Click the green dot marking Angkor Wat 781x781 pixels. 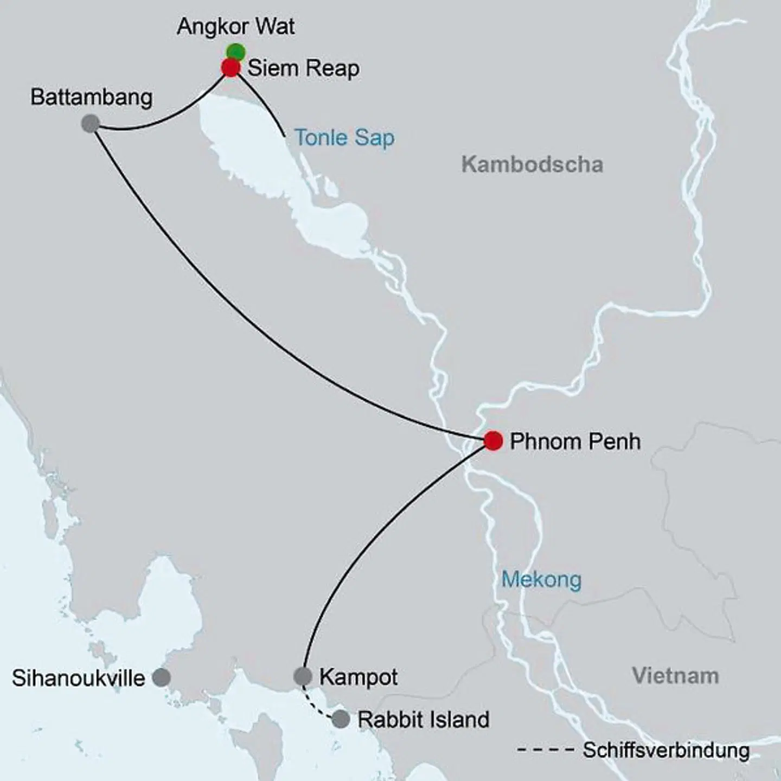[236, 52]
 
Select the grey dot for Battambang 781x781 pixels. [91, 124]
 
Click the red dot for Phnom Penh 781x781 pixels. [493, 440]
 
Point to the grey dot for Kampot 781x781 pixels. [303, 676]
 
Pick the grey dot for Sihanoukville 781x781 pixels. [161, 677]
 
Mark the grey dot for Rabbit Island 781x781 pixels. [341, 719]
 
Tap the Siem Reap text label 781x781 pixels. [304, 69]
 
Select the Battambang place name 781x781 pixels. [92, 98]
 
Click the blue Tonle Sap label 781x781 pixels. [344, 138]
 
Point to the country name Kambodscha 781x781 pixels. [532, 164]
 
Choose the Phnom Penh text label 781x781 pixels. [575, 441]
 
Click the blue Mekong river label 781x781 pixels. [541, 580]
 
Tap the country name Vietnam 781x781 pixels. [675, 676]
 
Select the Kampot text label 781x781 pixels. [359, 677]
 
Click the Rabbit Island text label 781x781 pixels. [424, 720]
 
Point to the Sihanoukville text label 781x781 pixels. [79, 678]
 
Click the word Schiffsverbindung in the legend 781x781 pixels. [666, 751]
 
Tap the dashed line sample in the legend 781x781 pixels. [546, 751]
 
